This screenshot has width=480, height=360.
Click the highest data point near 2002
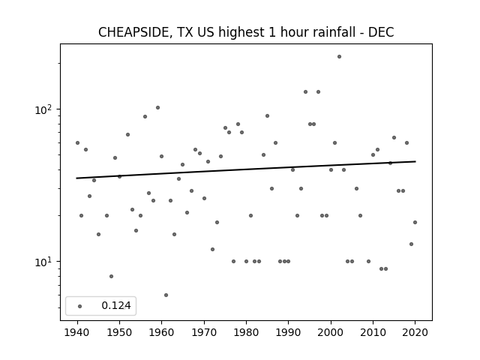click(339, 57)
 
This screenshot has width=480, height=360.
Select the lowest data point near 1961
click(166, 295)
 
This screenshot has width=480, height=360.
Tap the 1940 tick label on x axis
click(77, 332)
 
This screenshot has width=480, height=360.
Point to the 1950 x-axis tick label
click(119, 332)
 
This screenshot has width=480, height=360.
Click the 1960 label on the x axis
click(162, 332)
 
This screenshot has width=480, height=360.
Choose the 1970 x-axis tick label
click(204, 332)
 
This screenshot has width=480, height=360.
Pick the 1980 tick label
click(246, 332)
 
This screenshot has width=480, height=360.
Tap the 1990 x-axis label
click(288, 332)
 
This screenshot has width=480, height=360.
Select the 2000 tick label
click(331, 332)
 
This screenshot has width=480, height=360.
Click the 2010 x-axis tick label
click(373, 332)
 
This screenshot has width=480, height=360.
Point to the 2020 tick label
click(415, 332)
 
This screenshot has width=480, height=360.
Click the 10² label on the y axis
click(44, 109)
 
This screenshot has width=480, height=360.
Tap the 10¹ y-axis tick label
click(44, 262)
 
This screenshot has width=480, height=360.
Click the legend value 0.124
click(116, 305)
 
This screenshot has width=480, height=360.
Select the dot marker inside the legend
click(80, 306)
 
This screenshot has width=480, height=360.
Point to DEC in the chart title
click(381, 32)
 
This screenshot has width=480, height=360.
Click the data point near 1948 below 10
click(111, 277)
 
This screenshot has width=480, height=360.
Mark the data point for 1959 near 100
click(157, 108)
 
